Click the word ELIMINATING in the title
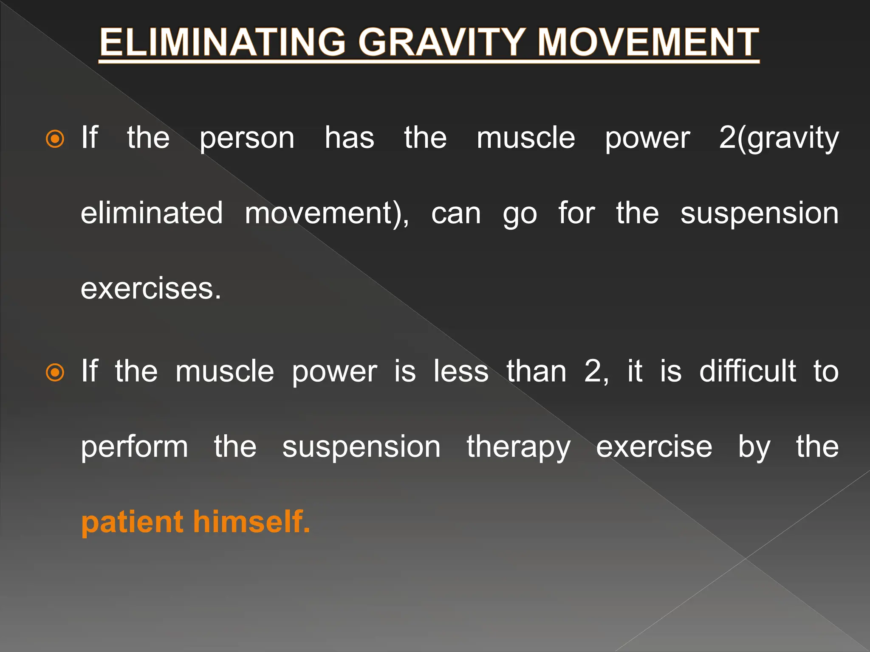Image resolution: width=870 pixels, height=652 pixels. click(223, 42)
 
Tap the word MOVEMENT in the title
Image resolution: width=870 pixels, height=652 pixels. click(648, 42)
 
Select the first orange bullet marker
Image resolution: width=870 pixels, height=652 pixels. click(55, 139)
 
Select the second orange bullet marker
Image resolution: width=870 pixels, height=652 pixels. click(55, 373)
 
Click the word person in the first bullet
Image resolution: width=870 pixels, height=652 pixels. click(247, 139)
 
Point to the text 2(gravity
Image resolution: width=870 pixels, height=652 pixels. click(779, 139)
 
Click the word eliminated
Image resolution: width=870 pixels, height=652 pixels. click(152, 213)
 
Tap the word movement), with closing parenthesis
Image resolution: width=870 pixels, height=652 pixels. click(327, 213)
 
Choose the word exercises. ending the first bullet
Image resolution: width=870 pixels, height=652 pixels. click(151, 289)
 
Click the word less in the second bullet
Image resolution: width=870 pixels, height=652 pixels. click(461, 371)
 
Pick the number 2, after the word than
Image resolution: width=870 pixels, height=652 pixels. click(596, 371)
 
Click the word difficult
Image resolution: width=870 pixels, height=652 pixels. click(747, 371)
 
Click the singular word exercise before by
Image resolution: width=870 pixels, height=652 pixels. click(654, 447)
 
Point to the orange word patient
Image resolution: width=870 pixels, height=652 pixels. click(132, 522)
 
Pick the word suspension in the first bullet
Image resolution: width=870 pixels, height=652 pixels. click(759, 213)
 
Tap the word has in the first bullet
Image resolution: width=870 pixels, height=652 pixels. click(349, 138)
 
